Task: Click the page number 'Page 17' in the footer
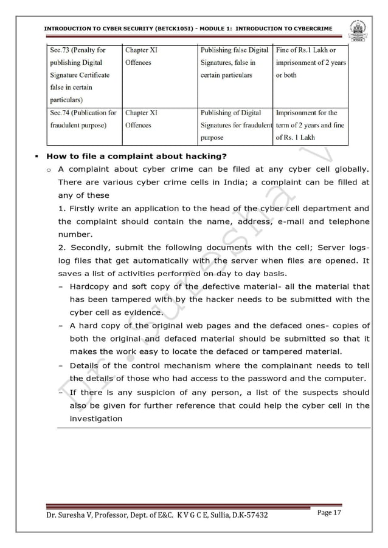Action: tap(330, 513)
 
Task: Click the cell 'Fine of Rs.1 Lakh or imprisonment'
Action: tap(310, 63)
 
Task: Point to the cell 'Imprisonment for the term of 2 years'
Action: tap(310, 125)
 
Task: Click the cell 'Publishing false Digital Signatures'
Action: tap(235, 63)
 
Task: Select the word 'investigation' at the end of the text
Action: tap(96, 418)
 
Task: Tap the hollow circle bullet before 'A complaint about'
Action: tap(48, 169)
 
